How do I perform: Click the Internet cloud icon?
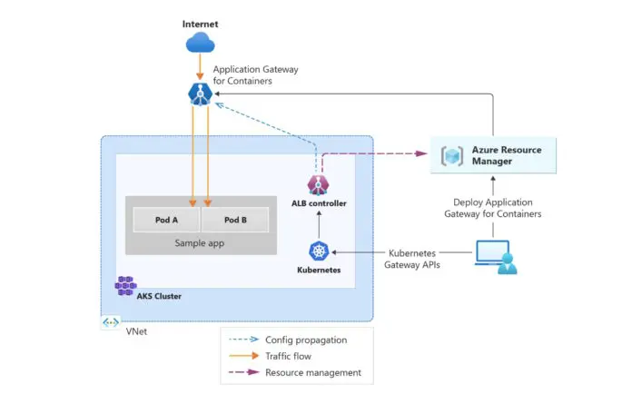click(199, 43)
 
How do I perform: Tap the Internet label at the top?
click(199, 23)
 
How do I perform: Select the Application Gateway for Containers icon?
click(199, 93)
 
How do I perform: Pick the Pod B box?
click(235, 221)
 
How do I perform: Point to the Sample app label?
click(200, 243)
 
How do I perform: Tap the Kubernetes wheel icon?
click(318, 251)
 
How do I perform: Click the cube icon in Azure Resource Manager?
click(451, 155)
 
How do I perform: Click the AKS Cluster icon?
click(125, 285)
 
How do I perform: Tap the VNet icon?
click(110, 322)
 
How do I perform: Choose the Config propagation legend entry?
click(300, 340)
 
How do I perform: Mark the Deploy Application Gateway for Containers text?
click(496, 208)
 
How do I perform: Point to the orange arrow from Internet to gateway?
click(199, 66)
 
